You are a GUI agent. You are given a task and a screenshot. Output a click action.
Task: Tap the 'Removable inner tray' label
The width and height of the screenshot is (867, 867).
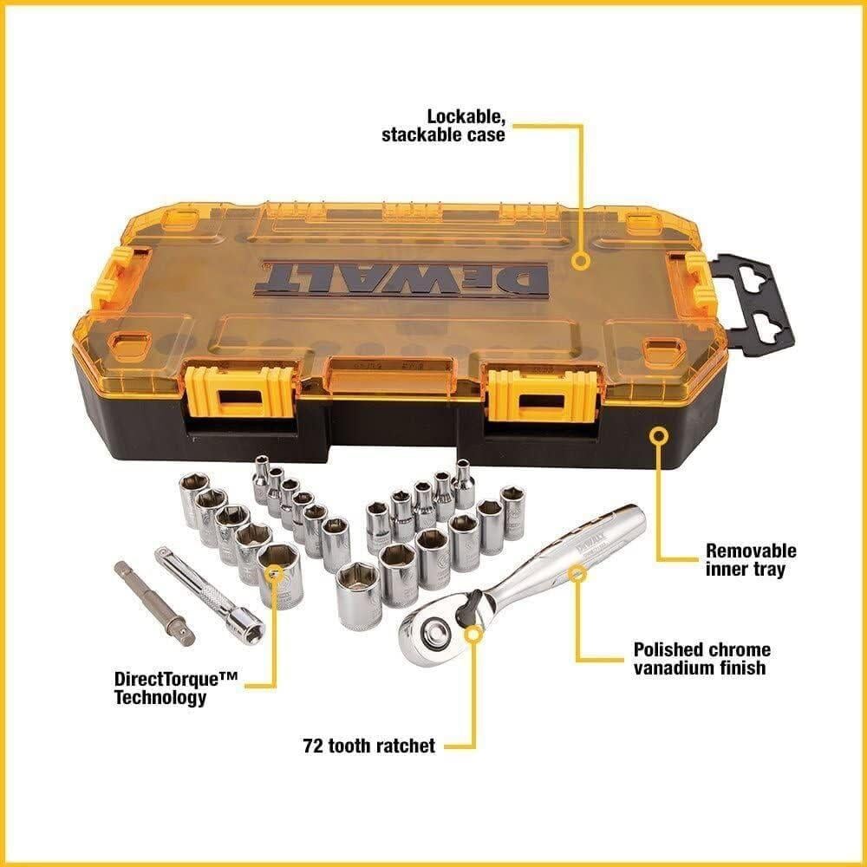point(750,559)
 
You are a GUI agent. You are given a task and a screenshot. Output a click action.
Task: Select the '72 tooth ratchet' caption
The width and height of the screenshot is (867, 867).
point(369,745)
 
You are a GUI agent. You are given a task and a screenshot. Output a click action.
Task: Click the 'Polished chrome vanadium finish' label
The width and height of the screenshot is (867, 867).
point(701,659)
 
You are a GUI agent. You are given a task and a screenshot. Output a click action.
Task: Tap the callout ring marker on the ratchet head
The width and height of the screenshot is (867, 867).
point(473,634)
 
